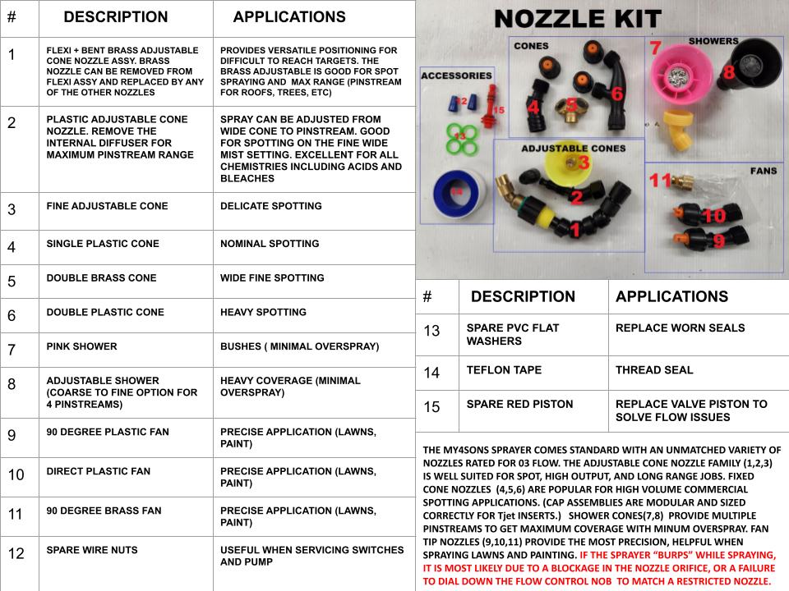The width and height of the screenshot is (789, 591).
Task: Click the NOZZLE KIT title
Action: [578, 19]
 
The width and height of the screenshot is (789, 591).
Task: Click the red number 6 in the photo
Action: [616, 94]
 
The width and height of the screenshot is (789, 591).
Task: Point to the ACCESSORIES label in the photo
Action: [455, 76]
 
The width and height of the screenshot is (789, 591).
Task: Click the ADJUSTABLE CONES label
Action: [573, 149]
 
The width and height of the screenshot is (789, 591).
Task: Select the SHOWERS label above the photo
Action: [713, 40]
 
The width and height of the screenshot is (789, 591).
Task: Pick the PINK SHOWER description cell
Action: [81, 346]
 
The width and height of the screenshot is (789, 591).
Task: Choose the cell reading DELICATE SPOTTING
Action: [270, 206]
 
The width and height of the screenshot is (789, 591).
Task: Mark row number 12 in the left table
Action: [16, 553]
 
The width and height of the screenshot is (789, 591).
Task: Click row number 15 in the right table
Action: [432, 406]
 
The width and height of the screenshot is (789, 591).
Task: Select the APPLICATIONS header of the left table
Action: [288, 17]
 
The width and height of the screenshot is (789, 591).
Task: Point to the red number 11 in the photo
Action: [660, 180]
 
